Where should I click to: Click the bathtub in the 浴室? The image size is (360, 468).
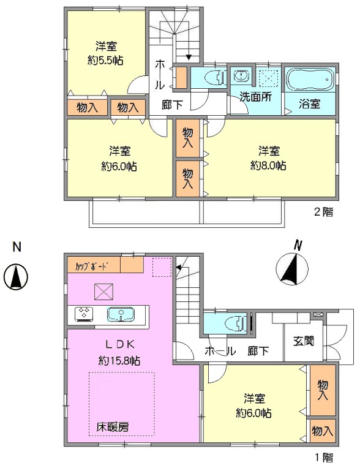[310, 80]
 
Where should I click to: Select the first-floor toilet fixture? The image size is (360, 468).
[238, 323]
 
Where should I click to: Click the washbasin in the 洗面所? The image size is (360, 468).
[241, 75]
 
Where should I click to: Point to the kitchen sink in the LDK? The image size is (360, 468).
[121, 314]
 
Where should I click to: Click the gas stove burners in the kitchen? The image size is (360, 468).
[84, 314]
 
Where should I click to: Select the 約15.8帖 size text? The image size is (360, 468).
[119, 361]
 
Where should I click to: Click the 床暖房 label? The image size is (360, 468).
[113, 427]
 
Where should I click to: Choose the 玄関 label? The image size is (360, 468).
[303, 341]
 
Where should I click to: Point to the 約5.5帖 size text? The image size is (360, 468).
[105, 61]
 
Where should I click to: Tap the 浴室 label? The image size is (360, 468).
[310, 104]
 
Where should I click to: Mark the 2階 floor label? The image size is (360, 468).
[323, 211]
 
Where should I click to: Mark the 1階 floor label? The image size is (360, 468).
[324, 457]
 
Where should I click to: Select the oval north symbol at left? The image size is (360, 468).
[16, 276]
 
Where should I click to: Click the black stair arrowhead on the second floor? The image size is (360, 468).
[189, 57]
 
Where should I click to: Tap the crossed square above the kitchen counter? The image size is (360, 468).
[103, 292]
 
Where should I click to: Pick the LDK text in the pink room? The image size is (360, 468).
[119, 344]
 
